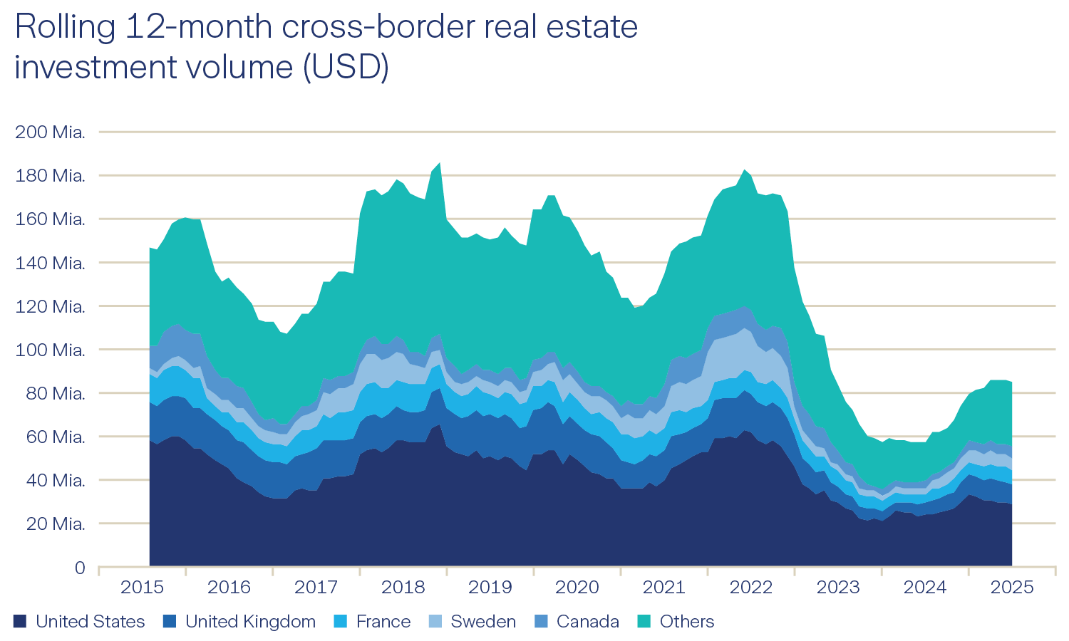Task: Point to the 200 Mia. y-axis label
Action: (x=50, y=132)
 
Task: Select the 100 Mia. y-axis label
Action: (x=50, y=350)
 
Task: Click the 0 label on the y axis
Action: (x=80, y=568)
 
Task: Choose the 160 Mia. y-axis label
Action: (x=50, y=219)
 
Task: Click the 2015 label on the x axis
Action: (x=142, y=588)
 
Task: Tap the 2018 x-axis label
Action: (x=403, y=588)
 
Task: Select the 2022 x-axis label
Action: (x=751, y=588)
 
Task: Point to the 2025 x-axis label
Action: (x=1012, y=588)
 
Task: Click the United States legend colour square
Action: (x=20, y=622)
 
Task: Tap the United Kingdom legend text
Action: (x=250, y=622)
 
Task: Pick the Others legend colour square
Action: (x=644, y=622)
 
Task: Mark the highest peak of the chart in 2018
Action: (x=439, y=164)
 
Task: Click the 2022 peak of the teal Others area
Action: (x=745, y=171)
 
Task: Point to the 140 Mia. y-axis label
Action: (x=50, y=263)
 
